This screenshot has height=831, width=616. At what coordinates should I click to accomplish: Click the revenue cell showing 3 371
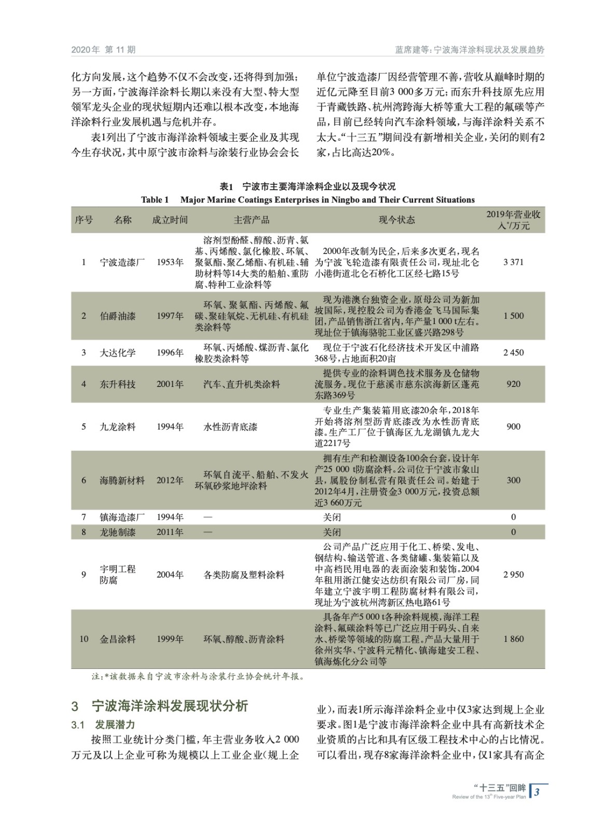513,262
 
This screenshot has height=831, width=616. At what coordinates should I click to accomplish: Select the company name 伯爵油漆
117,316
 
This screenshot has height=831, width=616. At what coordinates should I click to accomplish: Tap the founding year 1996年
170,353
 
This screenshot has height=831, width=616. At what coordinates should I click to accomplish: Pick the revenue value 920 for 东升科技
513,384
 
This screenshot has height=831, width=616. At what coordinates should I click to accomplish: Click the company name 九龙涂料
117,427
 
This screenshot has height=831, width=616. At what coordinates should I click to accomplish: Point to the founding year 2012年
170,480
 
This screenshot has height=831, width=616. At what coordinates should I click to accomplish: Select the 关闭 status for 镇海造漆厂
332,517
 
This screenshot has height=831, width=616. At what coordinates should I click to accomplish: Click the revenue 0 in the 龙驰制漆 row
513,532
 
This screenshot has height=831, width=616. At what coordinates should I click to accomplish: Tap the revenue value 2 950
513,574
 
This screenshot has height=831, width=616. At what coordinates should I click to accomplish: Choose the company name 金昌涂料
117,639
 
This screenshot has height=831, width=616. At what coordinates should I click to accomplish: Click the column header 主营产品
251,220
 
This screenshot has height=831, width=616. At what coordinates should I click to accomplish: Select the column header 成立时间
170,220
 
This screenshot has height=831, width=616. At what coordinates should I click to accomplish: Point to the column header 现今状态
396,220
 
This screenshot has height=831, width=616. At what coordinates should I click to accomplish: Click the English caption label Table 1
155,200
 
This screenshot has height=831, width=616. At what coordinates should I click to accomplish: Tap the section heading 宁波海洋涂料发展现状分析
170,706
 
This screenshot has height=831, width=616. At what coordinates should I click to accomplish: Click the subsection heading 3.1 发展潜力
103,725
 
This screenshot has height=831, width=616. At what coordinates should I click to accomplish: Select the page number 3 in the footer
537,792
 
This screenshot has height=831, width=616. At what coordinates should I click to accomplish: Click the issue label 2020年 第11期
103,50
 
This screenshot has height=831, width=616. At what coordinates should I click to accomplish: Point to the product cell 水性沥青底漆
230,427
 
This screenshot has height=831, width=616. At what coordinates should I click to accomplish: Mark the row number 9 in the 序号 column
84,574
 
